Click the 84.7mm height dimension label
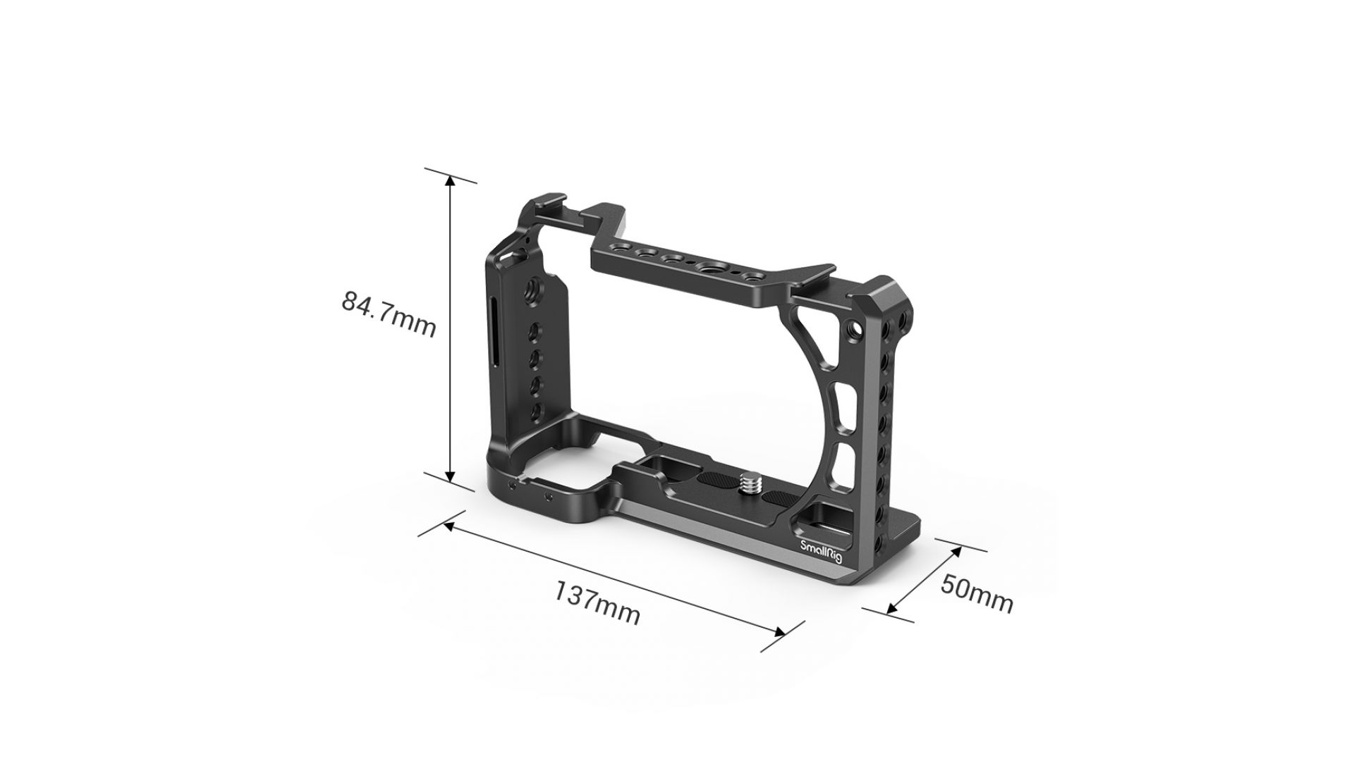[x=389, y=314]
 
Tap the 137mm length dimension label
[x=597, y=603]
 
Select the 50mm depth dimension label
[x=977, y=593]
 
